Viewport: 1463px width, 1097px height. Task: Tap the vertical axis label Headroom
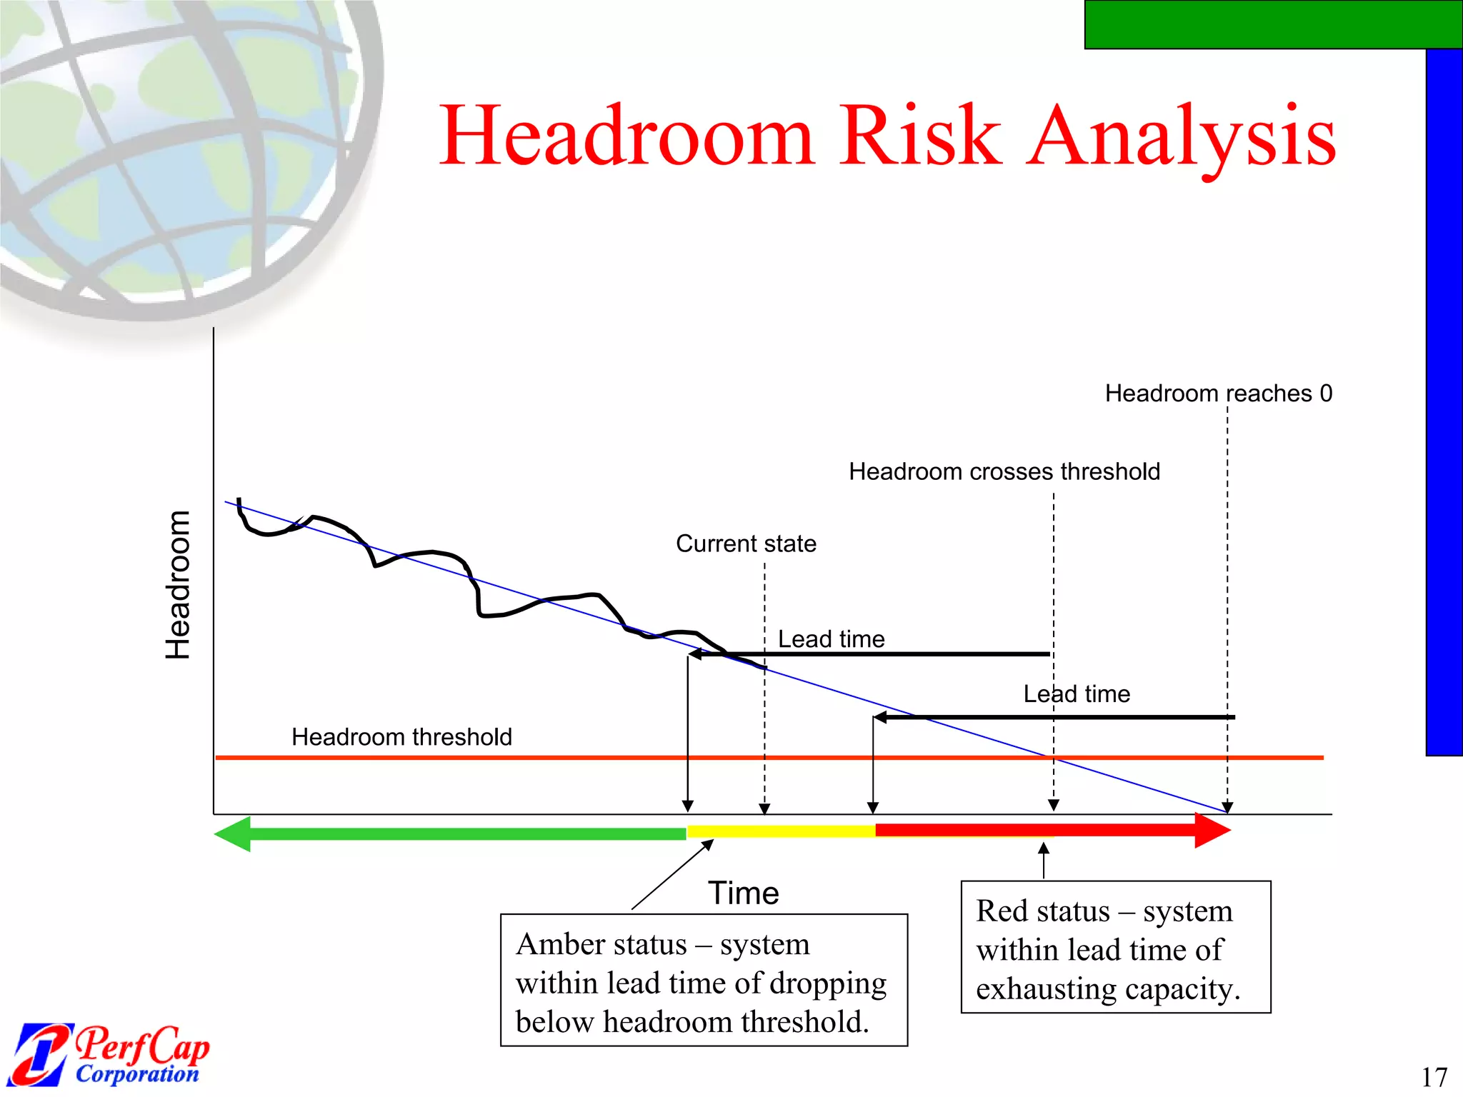pos(178,585)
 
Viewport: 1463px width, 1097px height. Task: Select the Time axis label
pos(743,893)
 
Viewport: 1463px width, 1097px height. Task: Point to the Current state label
pos(746,544)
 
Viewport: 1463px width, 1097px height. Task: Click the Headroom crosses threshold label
pos(1004,472)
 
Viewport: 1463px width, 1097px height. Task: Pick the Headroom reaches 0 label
pos(1218,394)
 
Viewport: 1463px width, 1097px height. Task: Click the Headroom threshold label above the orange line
pos(401,737)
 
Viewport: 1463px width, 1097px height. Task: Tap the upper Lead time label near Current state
pos(831,639)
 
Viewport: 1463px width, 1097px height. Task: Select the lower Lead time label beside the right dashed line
pos(1077,694)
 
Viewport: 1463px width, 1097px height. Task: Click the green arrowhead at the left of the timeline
pos(234,833)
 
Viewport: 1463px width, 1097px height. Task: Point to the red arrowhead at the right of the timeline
pos(1212,831)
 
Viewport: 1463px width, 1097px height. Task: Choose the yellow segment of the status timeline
pos(781,831)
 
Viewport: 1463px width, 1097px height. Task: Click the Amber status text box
pos(704,980)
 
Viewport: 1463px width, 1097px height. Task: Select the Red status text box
pos(1115,947)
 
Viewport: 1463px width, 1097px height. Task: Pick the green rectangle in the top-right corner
pos(1273,24)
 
